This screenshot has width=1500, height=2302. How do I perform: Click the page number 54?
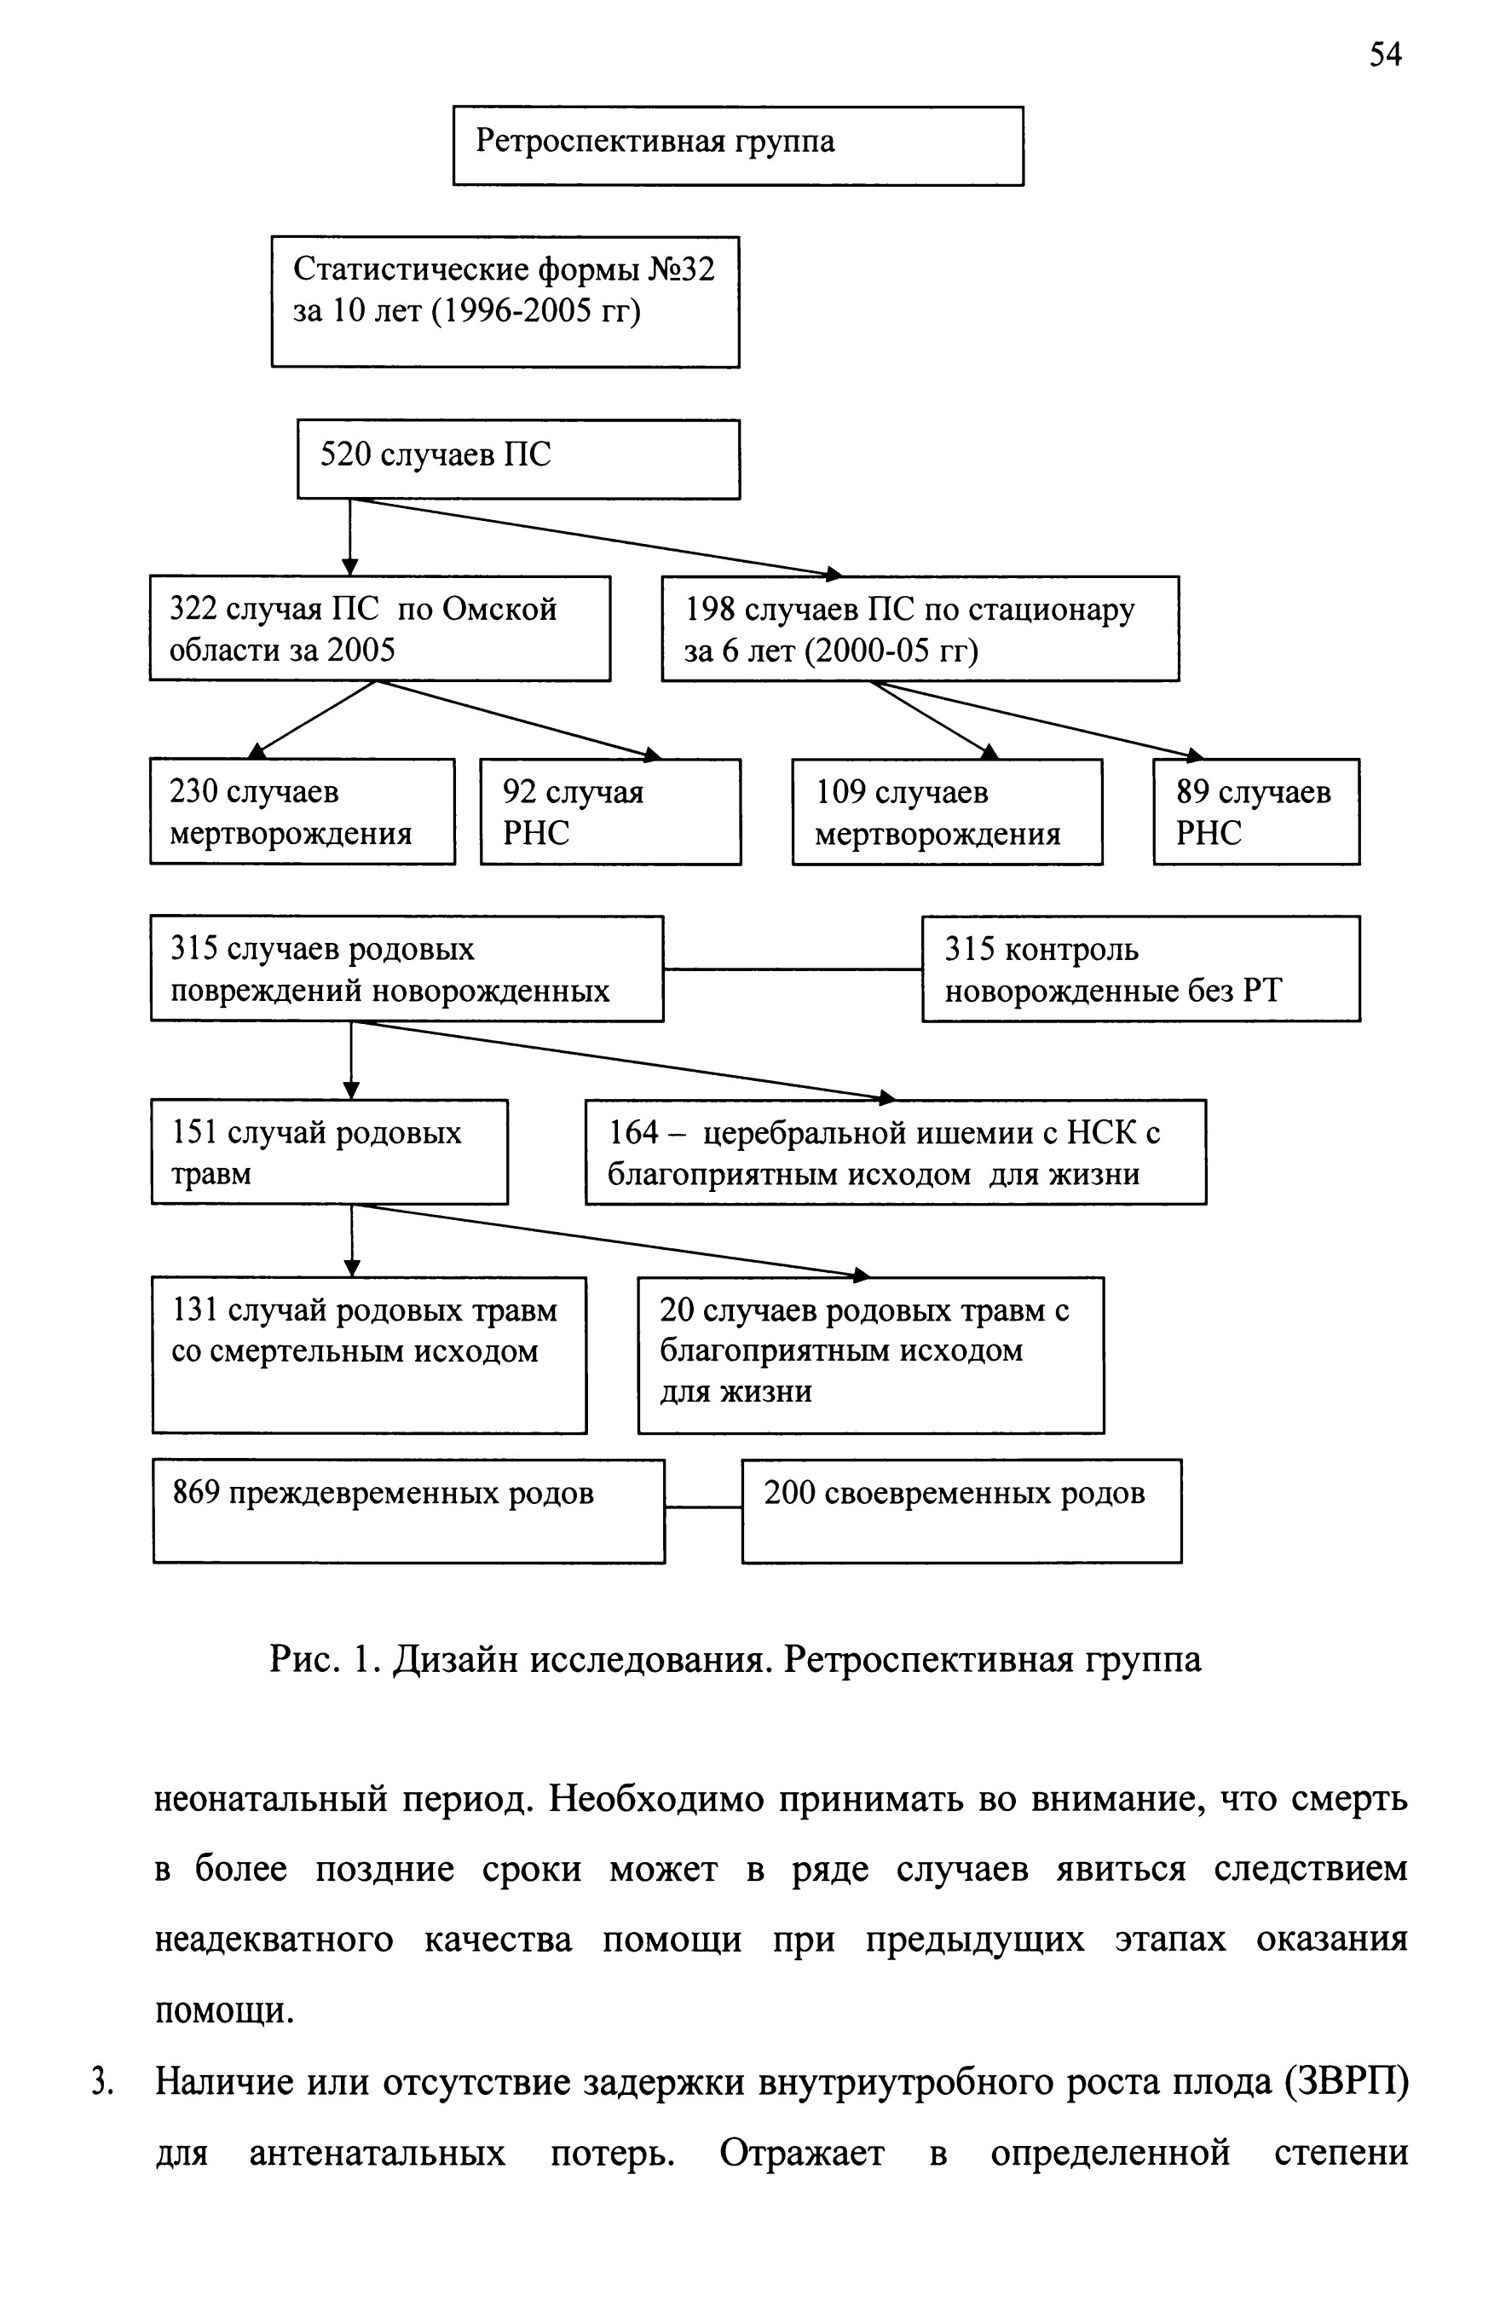click(1384, 55)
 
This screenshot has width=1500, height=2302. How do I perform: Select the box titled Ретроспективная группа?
click(738, 145)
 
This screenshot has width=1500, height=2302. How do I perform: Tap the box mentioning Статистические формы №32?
click(505, 302)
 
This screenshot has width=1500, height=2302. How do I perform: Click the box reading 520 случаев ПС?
click(518, 459)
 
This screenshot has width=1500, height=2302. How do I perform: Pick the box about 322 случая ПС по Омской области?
click(380, 628)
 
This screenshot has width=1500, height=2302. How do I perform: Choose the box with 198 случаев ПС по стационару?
click(920, 628)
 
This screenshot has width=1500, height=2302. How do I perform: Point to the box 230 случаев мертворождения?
click(302, 811)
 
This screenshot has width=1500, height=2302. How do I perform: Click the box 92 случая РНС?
click(610, 811)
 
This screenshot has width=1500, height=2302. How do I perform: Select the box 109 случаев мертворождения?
click(947, 811)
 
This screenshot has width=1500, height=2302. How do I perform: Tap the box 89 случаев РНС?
click(1256, 811)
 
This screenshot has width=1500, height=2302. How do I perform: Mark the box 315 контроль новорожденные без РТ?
click(1140, 969)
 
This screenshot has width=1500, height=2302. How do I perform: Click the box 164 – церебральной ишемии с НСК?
click(896, 1151)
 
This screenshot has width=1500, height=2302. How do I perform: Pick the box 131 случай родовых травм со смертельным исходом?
click(369, 1354)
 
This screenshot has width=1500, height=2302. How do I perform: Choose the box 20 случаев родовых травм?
click(870, 1354)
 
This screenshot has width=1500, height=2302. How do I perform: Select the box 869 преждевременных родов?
click(408, 1511)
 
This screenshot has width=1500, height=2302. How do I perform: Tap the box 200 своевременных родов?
click(961, 1511)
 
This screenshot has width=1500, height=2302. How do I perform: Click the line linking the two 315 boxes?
click(793, 969)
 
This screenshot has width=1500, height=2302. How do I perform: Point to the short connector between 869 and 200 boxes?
click(703, 1506)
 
